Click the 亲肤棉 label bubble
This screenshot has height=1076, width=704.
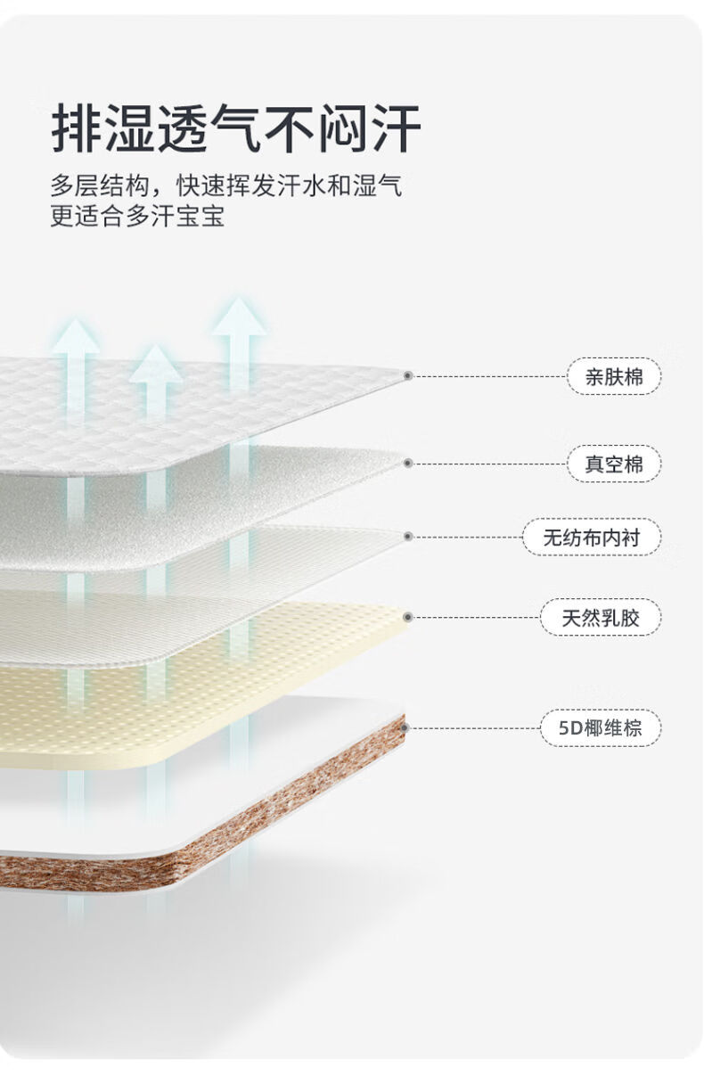click(x=614, y=376)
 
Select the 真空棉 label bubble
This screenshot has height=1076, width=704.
click(x=614, y=464)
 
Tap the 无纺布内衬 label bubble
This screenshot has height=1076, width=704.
click(x=592, y=537)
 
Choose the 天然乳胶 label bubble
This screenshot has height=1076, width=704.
click(x=601, y=618)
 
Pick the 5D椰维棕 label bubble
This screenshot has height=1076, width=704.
click(x=601, y=728)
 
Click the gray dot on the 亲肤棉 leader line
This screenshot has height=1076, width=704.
click(x=408, y=375)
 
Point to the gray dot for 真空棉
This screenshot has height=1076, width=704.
click(x=408, y=464)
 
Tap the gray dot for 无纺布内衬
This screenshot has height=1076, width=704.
click(x=408, y=537)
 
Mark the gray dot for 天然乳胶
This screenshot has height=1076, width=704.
click(x=408, y=617)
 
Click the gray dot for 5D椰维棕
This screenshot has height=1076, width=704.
click(x=405, y=728)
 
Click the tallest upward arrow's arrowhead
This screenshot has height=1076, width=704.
click(x=239, y=316)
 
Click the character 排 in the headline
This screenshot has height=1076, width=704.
click(x=77, y=128)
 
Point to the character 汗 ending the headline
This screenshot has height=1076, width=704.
click(x=396, y=128)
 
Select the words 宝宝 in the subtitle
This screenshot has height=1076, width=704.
click(x=201, y=216)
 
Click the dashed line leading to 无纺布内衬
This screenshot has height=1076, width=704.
click(x=467, y=537)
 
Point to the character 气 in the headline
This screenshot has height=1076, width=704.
click(x=236, y=128)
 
